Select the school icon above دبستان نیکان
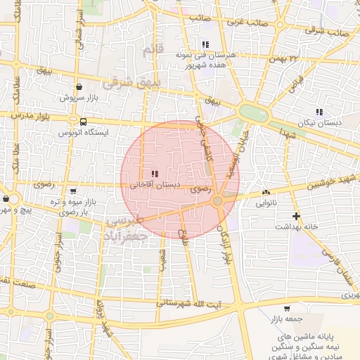point(319,112)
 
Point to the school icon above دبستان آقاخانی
point(154,174)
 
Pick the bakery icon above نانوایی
point(266,192)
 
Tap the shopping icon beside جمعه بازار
point(286,309)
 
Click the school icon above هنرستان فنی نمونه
point(205,44)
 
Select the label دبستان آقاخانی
point(154,185)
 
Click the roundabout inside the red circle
point(218,202)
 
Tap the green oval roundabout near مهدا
point(249,111)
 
